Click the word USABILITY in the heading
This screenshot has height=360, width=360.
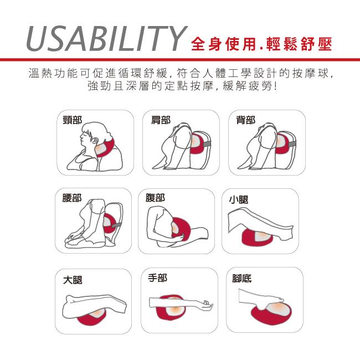[107, 38]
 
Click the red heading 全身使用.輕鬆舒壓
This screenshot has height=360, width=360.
[261, 44]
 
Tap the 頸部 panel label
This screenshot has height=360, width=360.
[73, 120]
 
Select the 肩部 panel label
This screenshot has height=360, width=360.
[161, 120]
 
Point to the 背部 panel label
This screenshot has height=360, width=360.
[246, 120]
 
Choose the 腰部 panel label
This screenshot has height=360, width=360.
[72, 198]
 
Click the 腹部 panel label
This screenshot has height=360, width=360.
[155, 198]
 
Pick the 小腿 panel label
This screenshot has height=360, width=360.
[239, 199]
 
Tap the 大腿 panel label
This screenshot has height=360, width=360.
[73, 280]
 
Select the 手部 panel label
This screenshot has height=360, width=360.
[157, 278]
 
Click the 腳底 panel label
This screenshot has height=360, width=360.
[242, 279]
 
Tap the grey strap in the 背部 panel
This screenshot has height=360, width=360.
[291, 144]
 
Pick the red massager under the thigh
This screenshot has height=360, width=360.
[92, 318]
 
